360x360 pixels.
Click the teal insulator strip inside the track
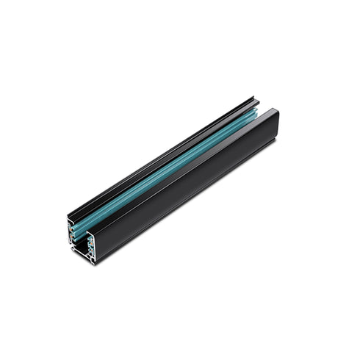pos(169,176)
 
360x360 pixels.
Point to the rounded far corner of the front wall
pos(276,112)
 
